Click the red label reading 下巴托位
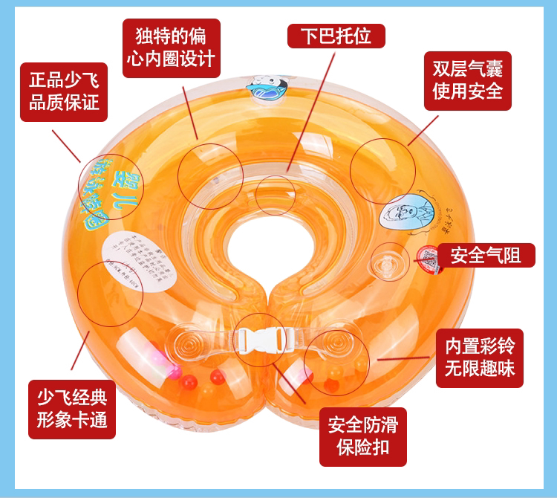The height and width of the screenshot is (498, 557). pyautogui.click(x=336, y=35)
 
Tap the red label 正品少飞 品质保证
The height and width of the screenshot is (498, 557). pyautogui.click(x=65, y=91)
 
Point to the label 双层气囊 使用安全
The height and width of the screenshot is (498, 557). pyautogui.click(x=468, y=80)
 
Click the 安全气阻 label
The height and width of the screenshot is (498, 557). pyautogui.click(x=485, y=256)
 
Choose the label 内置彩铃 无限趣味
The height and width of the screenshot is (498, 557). pyautogui.click(x=479, y=358)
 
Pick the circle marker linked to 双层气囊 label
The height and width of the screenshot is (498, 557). pyautogui.click(x=383, y=170)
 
